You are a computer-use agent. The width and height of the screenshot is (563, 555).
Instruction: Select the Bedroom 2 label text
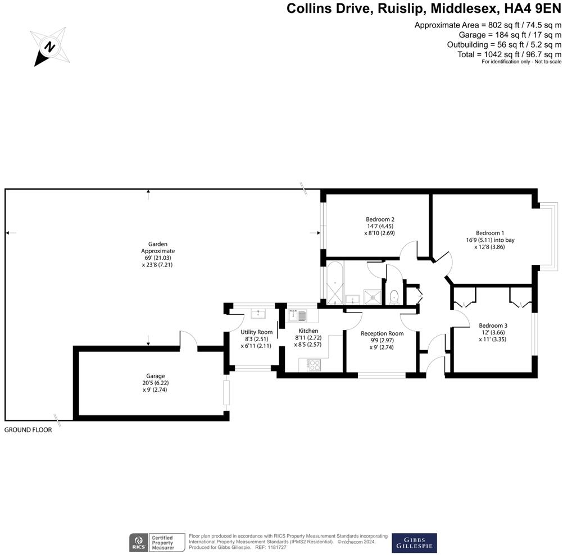380,219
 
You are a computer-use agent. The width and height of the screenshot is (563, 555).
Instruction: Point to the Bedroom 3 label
493,325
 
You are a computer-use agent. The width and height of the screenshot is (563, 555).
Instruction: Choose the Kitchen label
308,331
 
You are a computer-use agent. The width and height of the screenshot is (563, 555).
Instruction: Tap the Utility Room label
256,332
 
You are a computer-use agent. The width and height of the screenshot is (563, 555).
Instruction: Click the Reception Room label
382,333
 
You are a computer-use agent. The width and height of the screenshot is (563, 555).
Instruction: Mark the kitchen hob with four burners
314,365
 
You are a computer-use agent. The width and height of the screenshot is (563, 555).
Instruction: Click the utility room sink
259,313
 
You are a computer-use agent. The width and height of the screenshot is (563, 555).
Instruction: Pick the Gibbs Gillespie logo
414,543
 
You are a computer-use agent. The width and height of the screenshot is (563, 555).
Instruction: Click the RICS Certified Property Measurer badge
158,543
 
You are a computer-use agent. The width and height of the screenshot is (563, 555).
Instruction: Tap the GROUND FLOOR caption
28,430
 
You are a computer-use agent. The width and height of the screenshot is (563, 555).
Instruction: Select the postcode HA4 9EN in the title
533,8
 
